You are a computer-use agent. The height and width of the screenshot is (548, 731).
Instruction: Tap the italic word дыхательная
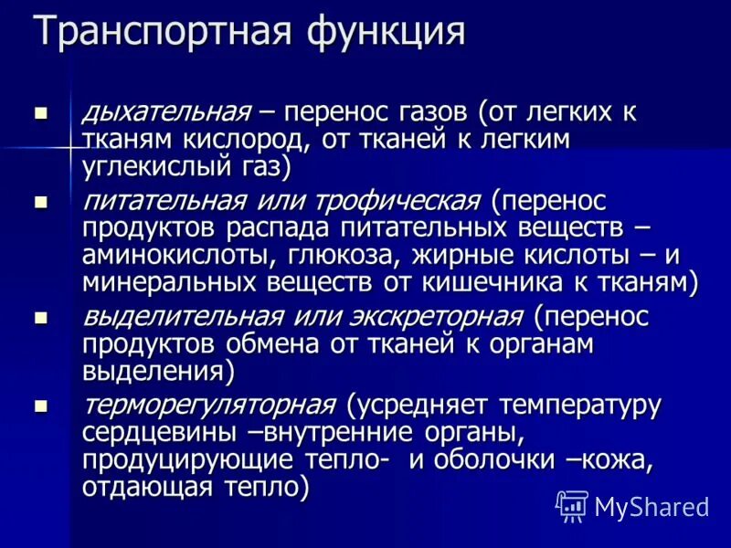click(x=166, y=112)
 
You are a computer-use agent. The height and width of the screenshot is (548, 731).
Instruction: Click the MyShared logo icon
click(x=572, y=505)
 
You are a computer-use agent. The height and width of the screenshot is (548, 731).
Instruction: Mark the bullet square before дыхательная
click(x=40, y=114)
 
